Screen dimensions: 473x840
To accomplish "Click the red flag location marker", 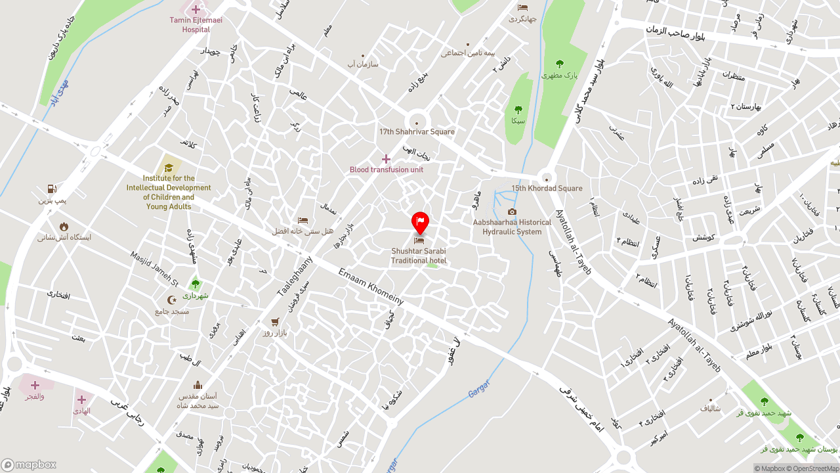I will (x=420, y=222).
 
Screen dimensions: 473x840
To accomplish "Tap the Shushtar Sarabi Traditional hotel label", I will (x=419, y=256).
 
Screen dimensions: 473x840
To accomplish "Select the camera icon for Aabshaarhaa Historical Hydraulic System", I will (x=512, y=212).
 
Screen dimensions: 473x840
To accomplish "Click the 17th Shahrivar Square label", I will (x=417, y=131).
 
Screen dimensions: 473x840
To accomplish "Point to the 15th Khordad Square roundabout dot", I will (x=546, y=179).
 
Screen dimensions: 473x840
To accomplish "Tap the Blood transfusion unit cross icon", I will (x=386, y=159).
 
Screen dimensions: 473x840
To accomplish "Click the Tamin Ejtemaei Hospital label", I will (x=196, y=25).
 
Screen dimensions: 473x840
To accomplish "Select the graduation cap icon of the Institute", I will (x=169, y=167).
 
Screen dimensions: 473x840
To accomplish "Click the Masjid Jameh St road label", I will (x=154, y=269).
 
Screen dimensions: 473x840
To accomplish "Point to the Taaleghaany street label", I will (x=295, y=276).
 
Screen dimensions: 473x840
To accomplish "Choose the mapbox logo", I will (x=29, y=464).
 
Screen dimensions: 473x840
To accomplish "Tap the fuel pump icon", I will (x=52, y=189).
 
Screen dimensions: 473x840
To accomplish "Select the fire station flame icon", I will (x=64, y=227).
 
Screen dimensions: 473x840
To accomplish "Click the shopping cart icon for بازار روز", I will (x=275, y=323).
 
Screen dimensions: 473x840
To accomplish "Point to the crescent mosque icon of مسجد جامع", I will (x=172, y=300).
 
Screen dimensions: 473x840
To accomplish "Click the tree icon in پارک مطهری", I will (x=559, y=64).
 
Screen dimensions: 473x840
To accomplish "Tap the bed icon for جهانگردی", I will (x=522, y=8).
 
